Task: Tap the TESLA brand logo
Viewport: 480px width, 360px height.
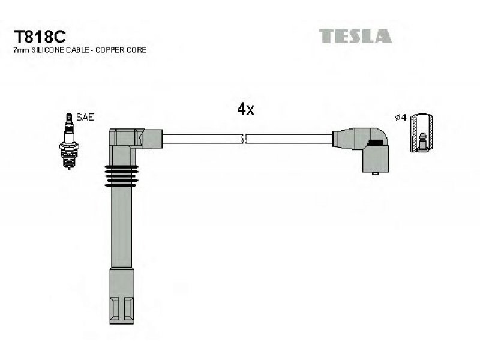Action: point(355,36)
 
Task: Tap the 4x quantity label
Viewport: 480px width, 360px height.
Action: point(246,109)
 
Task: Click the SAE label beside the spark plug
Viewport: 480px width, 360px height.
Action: point(85,117)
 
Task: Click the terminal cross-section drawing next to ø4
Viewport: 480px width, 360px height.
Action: point(423,133)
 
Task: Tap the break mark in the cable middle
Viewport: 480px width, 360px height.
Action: point(244,140)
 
